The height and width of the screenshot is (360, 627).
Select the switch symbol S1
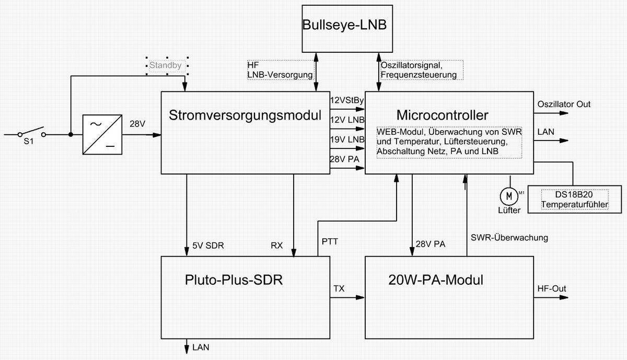point(30,133)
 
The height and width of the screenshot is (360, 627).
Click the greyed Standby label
point(166,66)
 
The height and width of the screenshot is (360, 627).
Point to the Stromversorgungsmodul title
point(245,116)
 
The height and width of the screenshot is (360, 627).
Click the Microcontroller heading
point(442,115)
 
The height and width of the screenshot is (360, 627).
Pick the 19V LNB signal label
point(347,140)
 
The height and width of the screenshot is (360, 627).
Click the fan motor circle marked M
point(508,196)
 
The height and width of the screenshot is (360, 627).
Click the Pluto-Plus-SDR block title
point(234,280)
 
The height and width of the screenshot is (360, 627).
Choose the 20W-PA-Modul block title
point(436,280)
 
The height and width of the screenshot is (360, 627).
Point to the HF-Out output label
point(552,288)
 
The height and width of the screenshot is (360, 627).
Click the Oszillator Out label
point(564,104)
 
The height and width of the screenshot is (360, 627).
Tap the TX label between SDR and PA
point(339,288)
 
